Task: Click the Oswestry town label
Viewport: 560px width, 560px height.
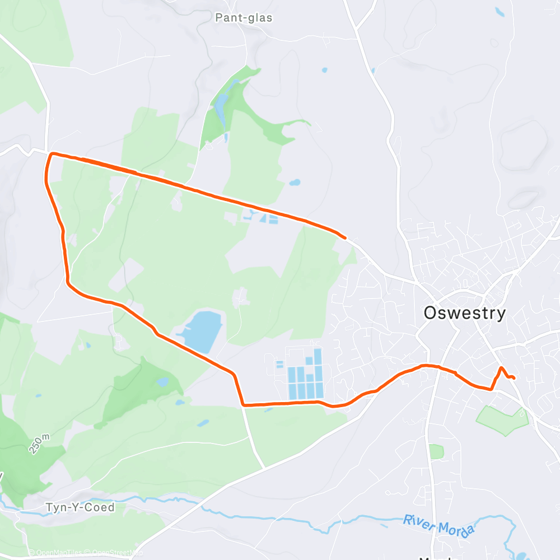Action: (464, 312)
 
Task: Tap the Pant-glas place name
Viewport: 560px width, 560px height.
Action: (244, 18)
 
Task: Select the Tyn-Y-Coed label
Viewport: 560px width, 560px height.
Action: (80, 507)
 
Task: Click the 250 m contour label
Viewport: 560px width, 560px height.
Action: (40, 442)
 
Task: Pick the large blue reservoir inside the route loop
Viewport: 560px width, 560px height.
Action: (202, 330)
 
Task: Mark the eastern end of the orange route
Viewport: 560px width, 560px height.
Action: (513, 378)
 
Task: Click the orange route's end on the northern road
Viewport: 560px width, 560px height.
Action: (345, 237)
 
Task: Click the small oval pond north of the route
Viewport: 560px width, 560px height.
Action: (294, 183)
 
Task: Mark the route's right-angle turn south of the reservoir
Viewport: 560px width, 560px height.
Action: (243, 404)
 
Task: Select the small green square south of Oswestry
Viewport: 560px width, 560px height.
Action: (436, 451)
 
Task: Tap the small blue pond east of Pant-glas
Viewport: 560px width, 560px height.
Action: (324, 71)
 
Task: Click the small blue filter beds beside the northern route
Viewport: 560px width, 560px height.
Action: (260, 217)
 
